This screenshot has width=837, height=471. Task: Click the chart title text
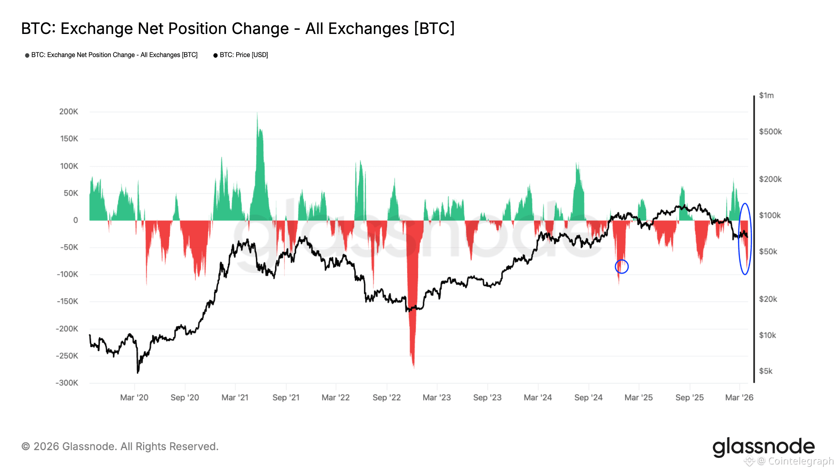click(238, 29)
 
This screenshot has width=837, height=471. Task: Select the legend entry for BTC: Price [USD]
click(244, 55)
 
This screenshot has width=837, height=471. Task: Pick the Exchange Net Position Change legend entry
click(114, 55)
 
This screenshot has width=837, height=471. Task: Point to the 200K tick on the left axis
click(69, 112)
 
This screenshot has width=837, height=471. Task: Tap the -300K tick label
click(67, 383)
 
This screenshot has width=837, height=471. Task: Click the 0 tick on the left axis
click(76, 220)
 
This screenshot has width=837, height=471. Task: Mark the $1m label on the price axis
click(766, 96)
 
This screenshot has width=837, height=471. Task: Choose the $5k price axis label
click(766, 371)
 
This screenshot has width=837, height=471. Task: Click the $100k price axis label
click(770, 215)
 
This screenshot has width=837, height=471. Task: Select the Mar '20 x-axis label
click(134, 397)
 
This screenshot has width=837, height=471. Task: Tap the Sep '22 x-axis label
click(387, 397)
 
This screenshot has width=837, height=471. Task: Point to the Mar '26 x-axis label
click(739, 397)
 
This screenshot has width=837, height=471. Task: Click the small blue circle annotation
click(622, 267)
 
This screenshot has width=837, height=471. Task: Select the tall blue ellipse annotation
click(745, 239)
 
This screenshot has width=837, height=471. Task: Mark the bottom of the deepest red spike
click(414, 367)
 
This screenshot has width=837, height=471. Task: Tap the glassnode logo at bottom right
click(763, 447)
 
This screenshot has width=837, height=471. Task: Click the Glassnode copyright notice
click(120, 446)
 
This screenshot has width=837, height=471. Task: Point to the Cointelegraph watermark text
click(801, 461)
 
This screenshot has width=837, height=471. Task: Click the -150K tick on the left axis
click(67, 302)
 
